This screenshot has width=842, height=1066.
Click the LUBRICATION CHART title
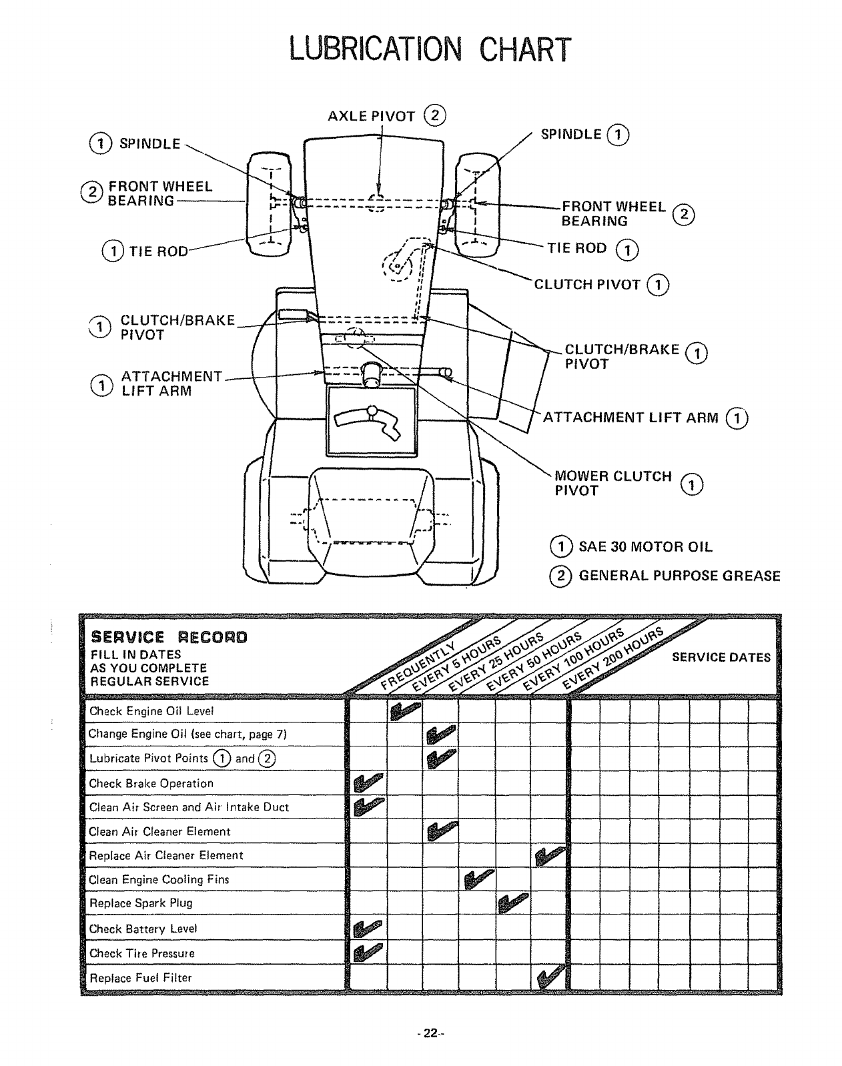tap(430, 49)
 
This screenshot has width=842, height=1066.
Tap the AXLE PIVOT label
tap(371, 116)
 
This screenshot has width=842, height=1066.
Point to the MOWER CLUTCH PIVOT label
tap(612, 483)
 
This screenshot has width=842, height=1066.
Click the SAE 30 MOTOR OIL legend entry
tap(645, 547)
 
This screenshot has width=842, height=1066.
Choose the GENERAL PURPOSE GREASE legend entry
tap(679, 576)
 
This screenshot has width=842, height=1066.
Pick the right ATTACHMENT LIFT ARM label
tap(630, 418)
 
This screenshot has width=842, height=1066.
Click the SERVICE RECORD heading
tap(169, 637)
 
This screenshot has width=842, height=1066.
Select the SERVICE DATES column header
tap(721, 657)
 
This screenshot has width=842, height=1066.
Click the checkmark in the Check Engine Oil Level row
tap(404, 711)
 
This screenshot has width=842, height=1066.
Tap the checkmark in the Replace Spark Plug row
tap(513, 903)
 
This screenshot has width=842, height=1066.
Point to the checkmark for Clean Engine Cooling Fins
tap(478, 879)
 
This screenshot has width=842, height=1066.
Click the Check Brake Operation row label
tap(151, 784)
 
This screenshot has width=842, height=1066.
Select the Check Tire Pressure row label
tap(141, 954)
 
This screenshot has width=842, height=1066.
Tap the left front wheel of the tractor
tap(268, 204)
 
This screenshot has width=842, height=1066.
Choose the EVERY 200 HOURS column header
tap(614, 657)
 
